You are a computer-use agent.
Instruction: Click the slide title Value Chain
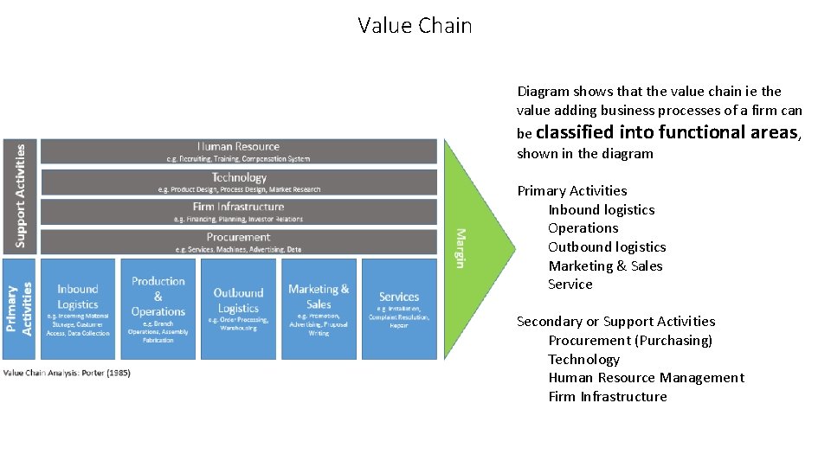[x=415, y=26]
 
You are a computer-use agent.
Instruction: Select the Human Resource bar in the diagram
[x=239, y=151]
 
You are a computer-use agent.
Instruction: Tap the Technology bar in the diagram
[x=239, y=182]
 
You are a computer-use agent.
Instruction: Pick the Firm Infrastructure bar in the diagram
[x=239, y=211]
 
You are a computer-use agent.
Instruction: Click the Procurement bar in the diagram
[x=239, y=241]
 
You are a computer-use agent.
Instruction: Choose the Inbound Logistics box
[x=78, y=309]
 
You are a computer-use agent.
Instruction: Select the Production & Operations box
[x=158, y=309]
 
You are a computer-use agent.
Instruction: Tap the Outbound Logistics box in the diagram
[x=238, y=309]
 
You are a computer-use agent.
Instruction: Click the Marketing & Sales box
[x=319, y=309]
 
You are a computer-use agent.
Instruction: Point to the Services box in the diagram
[x=399, y=309]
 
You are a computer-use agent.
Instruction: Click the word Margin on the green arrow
[x=461, y=248]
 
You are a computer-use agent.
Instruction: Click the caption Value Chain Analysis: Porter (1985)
[x=67, y=373]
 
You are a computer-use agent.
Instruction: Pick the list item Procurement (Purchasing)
[x=629, y=341]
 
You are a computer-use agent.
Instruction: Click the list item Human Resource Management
[x=646, y=378]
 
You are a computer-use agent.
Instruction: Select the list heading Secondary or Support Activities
[x=615, y=322]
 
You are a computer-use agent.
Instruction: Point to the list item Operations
[x=583, y=228]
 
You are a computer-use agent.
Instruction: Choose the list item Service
[x=570, y=285]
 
